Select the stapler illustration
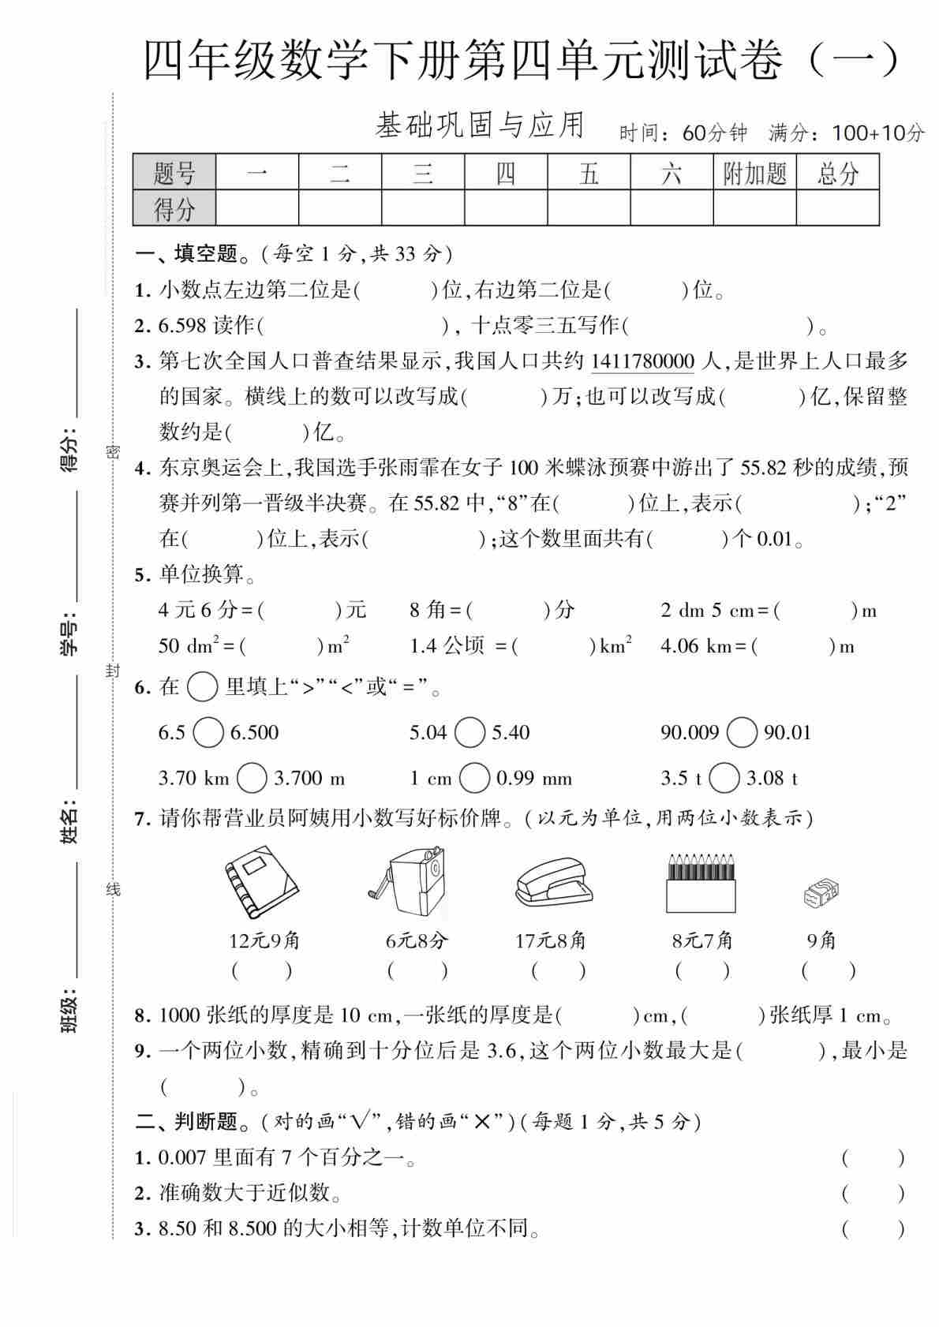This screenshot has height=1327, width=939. point(552,885)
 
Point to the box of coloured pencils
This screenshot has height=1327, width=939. point(701,884)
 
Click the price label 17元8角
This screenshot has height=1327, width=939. point(551,940)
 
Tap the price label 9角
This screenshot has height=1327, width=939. point(821,940)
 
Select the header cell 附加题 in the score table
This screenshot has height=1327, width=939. point(754,173)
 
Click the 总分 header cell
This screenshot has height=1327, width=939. point(837,173)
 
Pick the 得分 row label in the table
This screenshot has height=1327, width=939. point(174,209)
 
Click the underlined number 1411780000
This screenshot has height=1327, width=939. point(642,361)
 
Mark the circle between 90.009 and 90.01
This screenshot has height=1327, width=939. point(742,733)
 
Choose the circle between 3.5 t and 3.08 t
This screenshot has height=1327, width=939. point(724,779)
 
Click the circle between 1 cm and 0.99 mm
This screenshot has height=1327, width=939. point(474,779)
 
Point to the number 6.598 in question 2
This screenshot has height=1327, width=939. point(182,325)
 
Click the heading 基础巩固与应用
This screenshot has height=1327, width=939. point(480,126)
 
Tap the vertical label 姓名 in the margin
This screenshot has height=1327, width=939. point(70,820)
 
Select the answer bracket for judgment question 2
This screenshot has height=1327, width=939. point(872,1193)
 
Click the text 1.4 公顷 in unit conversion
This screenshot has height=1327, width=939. point(447,646)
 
